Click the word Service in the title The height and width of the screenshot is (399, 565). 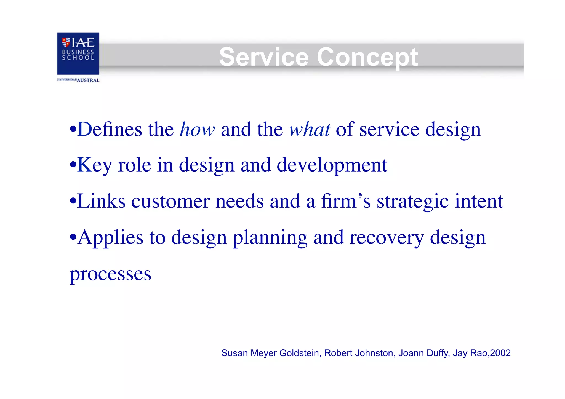pos(263,57)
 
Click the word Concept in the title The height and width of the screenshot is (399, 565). pos(367,57)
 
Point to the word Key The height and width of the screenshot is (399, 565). pos(94,165)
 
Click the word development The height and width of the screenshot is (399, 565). pos(332,165)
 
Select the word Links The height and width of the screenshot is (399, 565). pos(101,201)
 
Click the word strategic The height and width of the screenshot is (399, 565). pos(412,202)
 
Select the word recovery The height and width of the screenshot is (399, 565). pos(387,238)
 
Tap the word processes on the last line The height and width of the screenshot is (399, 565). pos(110,274)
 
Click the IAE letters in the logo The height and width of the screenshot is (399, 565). pos(83,42)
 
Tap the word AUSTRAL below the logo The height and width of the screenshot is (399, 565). pos(88,80)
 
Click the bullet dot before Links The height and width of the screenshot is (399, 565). pos(73,202)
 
